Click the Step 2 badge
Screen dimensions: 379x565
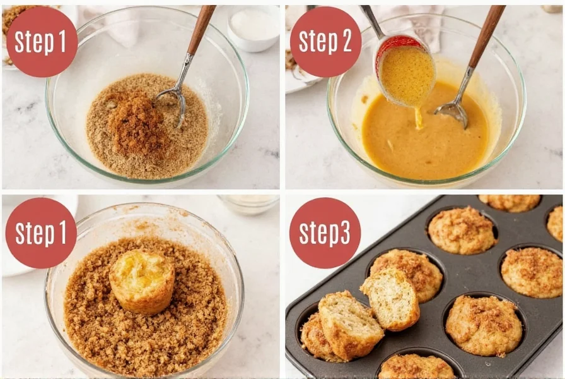click(325, 42)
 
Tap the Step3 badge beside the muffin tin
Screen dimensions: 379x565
click(325, 232)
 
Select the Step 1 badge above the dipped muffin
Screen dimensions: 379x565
click(41, 232)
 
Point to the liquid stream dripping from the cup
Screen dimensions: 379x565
click(418, 117)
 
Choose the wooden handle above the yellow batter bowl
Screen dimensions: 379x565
click(488, 34)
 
